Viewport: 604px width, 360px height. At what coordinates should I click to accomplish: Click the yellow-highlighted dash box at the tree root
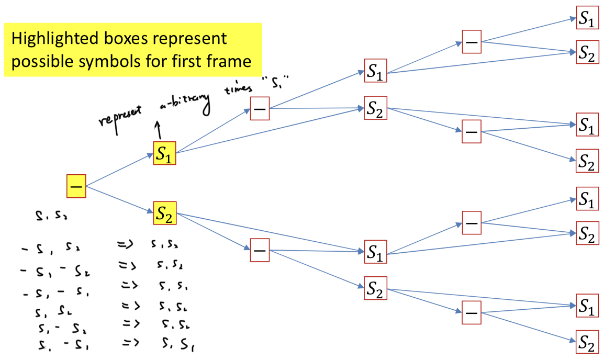point(76,186)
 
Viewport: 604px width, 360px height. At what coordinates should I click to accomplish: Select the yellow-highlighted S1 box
point(164,153)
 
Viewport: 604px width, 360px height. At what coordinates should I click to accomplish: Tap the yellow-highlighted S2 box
point(164,213)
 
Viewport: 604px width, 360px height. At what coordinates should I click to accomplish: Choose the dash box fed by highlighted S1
point(260,108)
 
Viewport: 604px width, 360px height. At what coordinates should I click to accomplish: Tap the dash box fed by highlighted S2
point(260,251)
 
